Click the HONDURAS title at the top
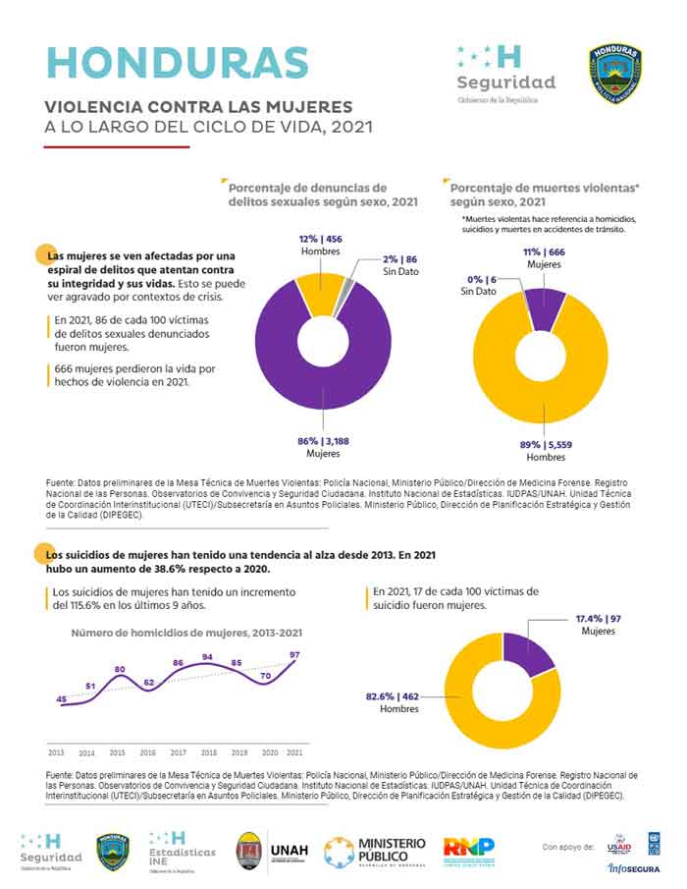coord(178,62)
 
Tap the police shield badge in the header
coord(615,73)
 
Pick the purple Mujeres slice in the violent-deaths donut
coord(546,306)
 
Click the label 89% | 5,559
coord(546,445)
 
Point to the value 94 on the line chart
coord(207,656)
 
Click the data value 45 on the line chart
coord(62,698)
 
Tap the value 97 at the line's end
coord(295,654)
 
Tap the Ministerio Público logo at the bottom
coord(376,852)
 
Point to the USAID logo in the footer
coord(619,846)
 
